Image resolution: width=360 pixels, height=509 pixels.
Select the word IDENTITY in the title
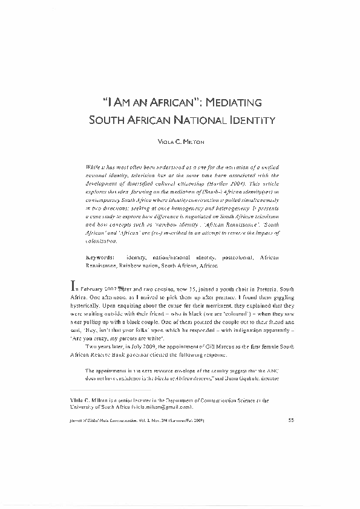coord(250,120)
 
